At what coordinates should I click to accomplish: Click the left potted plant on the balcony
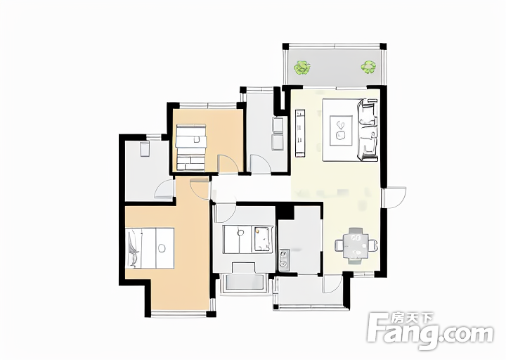(x=302, y=67)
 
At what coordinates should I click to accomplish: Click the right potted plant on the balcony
(x=368, y=67)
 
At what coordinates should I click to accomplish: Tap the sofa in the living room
(x=368, y=130)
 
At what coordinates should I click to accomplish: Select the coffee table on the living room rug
(x=341, y=131)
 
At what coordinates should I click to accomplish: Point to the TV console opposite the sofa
(x=300, y=134)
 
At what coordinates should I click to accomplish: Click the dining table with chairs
(x=356, y=245)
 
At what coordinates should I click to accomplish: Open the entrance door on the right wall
(x=394, y=198)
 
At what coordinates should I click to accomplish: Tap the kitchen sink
(x=284, y=259)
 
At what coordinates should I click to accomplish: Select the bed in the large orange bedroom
(x=150, y=248)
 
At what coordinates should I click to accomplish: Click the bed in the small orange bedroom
(x=190, y=136)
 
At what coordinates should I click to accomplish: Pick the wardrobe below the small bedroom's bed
(x=190, y=162)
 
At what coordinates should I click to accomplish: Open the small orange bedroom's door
(x=228, y=165)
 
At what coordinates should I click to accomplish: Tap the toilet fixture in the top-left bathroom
(x=145, y=148)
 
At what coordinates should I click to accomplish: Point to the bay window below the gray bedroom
(x=244, y=284)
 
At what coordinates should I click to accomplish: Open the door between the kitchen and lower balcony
(x=332, y=285)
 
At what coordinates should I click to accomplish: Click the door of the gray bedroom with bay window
(x=226, y=214)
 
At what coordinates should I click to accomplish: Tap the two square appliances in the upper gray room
(x=278, y=134)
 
